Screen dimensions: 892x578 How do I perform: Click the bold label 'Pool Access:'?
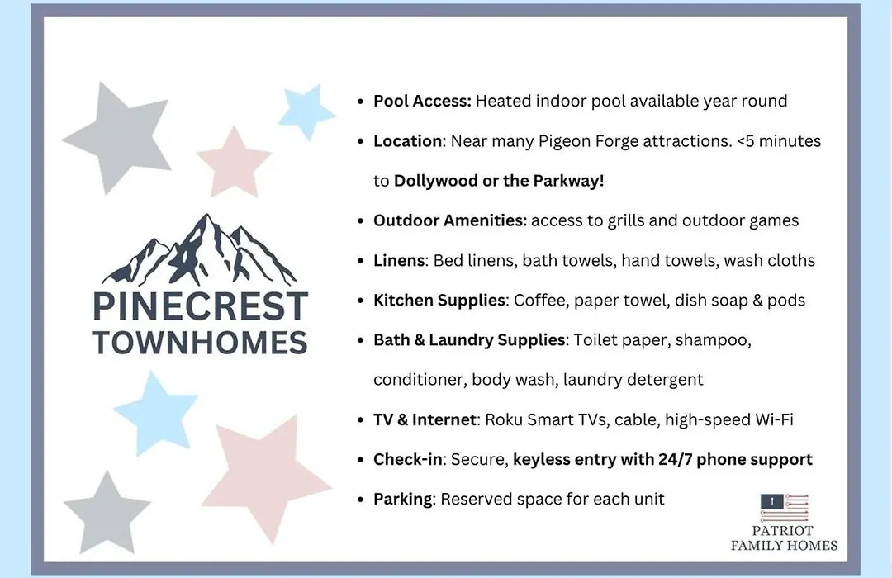(422, 102)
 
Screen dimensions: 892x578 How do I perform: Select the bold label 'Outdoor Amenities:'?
(450, 220)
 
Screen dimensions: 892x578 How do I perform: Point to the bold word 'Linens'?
(399, 261)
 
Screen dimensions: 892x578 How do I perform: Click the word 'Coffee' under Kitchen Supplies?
(539, 301)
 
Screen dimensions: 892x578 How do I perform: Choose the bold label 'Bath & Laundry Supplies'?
(469, 340)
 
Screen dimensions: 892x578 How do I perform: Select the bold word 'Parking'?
(403, 500)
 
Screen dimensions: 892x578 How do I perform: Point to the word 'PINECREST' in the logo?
(200, 306)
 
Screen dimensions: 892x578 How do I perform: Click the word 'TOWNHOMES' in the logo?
(200, 343)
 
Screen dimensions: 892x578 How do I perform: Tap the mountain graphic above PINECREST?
(200, 250)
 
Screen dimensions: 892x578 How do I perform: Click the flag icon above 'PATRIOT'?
(785, 508)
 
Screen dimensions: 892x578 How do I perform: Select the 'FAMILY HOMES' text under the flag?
(784, 546)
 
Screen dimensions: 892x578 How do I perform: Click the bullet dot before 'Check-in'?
(360, 460)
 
